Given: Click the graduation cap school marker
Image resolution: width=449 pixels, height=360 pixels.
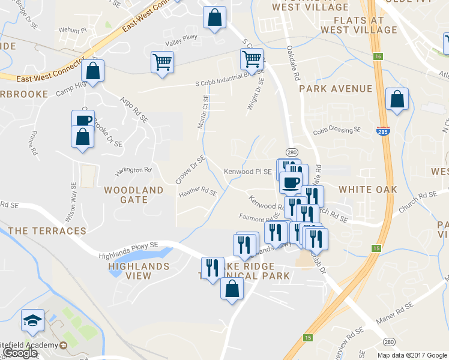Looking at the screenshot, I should (x=32, y=321).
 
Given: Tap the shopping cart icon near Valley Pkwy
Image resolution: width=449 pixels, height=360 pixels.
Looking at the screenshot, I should (x=162, y=61).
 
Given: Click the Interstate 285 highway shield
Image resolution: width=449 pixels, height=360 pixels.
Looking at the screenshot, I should (x=382, y=131).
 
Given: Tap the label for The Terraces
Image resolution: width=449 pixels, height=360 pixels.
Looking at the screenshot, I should (x=47, y=230).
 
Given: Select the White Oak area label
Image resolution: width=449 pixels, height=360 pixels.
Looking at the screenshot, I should (x=368, y=190).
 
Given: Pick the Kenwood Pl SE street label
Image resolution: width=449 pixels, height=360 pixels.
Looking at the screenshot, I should (x=247, y=172).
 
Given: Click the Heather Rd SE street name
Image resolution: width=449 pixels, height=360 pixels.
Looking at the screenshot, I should (x=197, y=192).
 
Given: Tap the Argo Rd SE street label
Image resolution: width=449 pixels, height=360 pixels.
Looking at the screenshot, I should (x=134, y=109).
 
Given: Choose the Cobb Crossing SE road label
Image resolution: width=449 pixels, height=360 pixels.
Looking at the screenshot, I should (x=337, y=130).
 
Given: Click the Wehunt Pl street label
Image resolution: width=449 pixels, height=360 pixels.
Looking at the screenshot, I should (x=73, y=29).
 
